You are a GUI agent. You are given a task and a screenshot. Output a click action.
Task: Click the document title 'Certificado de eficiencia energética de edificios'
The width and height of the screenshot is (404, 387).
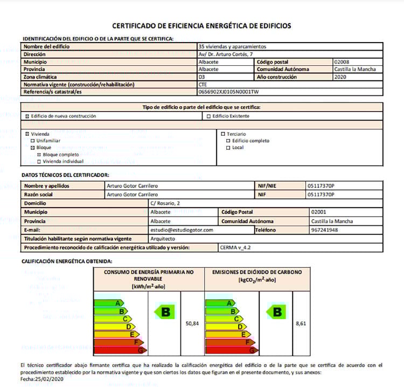tap(201, 25)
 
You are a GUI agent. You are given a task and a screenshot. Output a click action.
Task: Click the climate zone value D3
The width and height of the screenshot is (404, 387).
tap(202, 77)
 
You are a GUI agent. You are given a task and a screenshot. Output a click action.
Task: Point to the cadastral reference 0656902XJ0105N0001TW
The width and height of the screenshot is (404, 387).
tap(228, 92)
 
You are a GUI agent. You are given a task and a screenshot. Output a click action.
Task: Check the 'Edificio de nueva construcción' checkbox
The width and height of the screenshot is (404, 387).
tap(27, 116)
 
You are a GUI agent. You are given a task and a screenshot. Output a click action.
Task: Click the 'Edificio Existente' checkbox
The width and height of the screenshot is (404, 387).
tap(208, 116)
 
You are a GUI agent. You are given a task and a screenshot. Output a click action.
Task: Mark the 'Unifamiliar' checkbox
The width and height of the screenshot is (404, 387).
tap(32, 140)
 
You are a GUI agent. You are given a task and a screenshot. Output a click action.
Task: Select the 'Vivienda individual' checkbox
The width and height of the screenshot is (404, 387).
tap(39, 161)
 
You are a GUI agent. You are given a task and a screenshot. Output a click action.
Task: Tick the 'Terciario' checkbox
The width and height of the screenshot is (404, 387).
tap(222, 133)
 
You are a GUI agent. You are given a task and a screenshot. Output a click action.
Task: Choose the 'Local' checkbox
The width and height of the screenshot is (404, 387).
tap(228, 147)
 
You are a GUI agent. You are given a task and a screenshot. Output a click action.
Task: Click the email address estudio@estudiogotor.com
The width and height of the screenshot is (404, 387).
tap(182, 230)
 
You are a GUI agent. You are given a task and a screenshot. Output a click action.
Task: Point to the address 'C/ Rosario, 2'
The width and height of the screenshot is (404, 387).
tap(165, 203)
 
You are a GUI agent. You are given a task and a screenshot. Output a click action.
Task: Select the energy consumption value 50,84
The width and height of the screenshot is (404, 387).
tap(192, 323)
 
